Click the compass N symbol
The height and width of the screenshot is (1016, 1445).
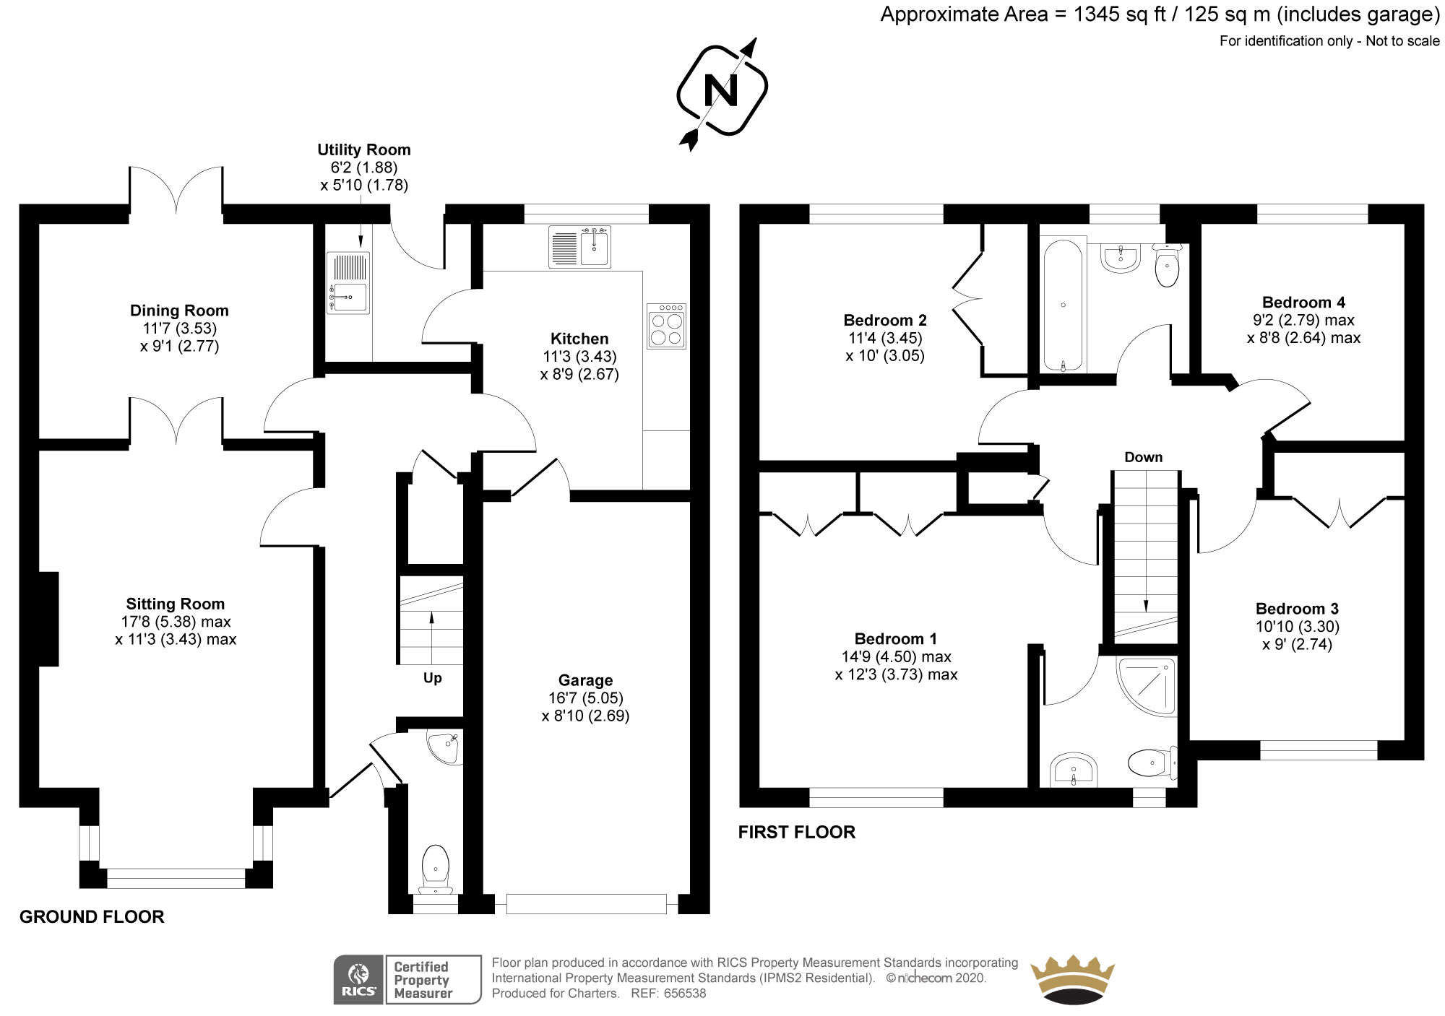tap(721, 91)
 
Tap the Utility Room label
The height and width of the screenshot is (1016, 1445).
tap(364, 149)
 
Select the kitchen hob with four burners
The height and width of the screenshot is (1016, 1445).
tap(666, 326)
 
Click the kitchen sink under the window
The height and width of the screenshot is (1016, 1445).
tap(579, 246)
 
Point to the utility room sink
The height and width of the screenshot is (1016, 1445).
tap(348, 283)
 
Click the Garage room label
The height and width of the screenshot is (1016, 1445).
tap(585, 680)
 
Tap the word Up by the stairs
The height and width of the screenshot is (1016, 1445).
tap(432, 678)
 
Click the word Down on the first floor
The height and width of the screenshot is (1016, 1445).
tap(1143, 457)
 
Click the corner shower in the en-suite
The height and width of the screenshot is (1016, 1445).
tap(1147, 685)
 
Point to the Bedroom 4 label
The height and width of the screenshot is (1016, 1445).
tap(1303, 303)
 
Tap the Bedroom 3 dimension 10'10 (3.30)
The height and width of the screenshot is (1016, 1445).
tap(1298, 627)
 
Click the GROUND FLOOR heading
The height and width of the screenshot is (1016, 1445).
tap(92, 917)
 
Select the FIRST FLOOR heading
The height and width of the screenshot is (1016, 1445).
tap(796, 833)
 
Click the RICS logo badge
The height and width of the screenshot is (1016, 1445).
tap(359, 980)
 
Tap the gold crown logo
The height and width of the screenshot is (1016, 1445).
tap(1071, 980)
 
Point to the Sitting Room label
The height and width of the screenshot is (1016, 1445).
tap(175, 604)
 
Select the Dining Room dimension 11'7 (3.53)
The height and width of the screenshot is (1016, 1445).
tap(179, 329)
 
